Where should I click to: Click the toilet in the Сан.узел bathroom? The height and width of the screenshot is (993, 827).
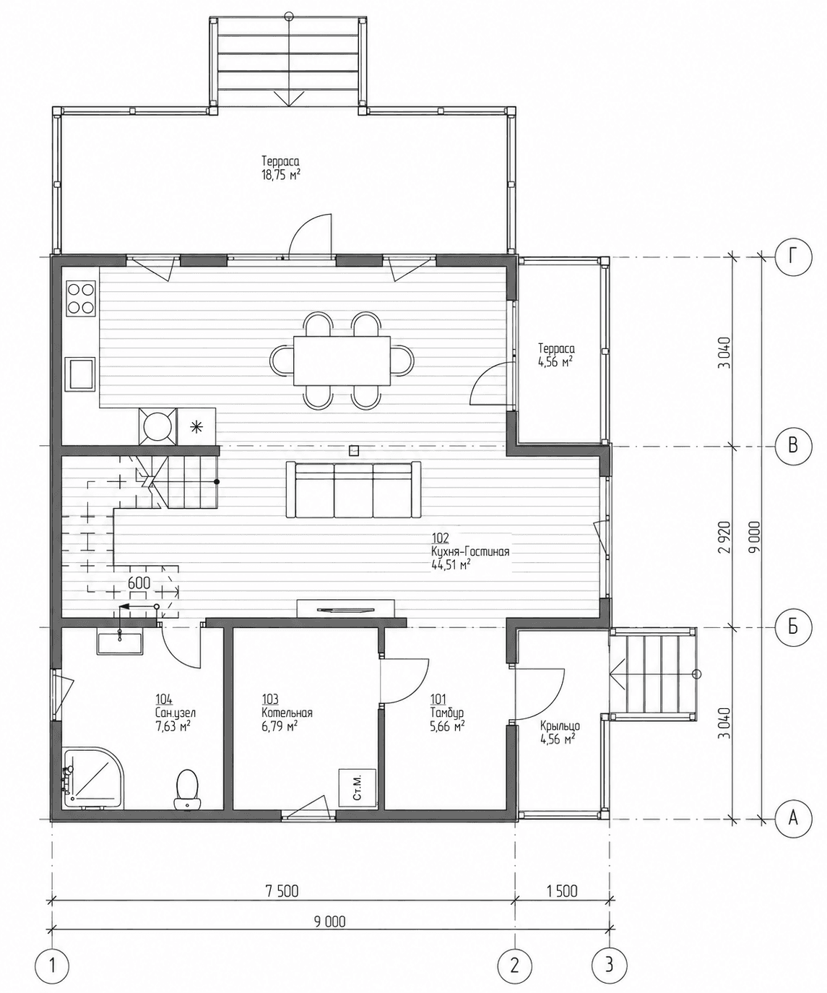[x=187, y=789]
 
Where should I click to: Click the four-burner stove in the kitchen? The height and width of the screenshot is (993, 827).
[x=81, y=298]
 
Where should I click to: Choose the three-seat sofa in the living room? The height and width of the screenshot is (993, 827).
[x=354, y=489]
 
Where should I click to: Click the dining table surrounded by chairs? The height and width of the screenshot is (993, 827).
[x=342, y=361]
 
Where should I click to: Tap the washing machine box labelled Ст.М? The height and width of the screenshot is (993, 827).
[x=358, y=788]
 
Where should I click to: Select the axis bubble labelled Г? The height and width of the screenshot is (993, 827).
[x=793, y=257]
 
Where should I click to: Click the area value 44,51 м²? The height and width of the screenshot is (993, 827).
[x=451, y=564]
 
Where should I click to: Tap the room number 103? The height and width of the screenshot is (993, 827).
[x=270, y=700]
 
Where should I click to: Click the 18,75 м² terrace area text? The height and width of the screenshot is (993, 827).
[x=281, y=175]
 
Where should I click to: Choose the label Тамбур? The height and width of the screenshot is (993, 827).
[x=447, y=713]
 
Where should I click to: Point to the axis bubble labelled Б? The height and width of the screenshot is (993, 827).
[x=793, y=627]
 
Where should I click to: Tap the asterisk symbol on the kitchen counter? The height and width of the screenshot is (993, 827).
[x=195, y=426]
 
